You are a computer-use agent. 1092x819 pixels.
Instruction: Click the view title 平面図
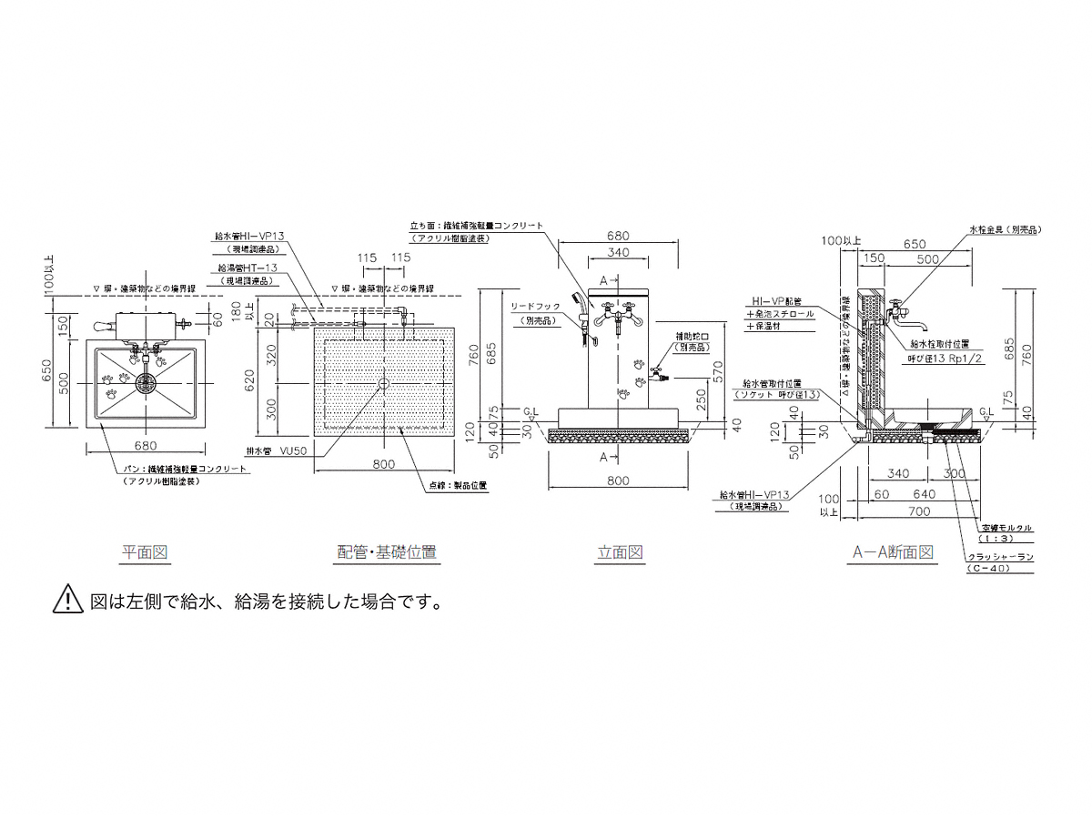146,551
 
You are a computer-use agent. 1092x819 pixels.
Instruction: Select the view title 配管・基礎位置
387,551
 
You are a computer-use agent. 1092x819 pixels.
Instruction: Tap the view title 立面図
621,551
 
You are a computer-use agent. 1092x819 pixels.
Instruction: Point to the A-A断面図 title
894,551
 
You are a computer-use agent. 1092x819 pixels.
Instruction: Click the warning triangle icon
69,601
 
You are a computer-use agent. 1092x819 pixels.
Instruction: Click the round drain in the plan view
145,384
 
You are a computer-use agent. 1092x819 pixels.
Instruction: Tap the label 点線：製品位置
458,485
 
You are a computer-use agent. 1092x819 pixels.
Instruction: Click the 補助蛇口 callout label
693,337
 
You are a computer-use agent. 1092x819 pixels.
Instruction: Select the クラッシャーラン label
1000,556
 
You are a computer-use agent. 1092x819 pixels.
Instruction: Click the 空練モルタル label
1006,528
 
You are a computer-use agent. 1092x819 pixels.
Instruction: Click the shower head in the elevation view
575,299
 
